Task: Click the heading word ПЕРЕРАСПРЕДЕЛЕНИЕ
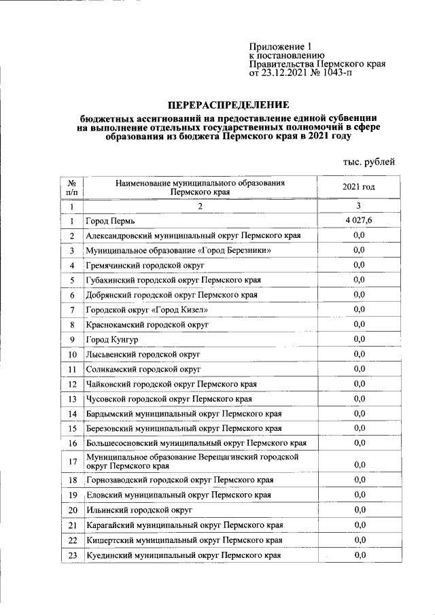tap(228, 105)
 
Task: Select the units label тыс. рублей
tap(367, 161)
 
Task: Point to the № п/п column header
tap(71, 188)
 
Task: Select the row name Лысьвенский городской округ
tap(143, 355)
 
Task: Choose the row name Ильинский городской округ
tap(139, 509)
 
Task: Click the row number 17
tap(71, 462)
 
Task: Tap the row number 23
tap(71, 555)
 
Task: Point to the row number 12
tap(71, 384)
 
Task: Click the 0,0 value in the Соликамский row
tap(359, 369)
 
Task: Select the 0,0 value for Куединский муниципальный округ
tap(359, 555)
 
